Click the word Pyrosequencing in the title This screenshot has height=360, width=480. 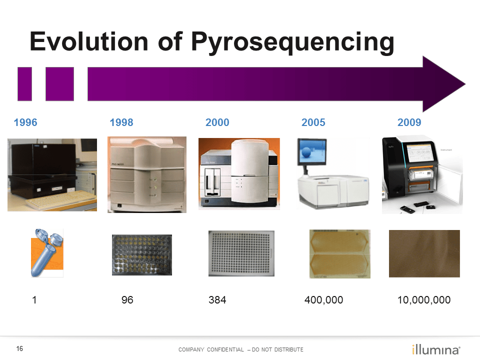coord(292,42)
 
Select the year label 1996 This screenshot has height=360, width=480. coord(25,122)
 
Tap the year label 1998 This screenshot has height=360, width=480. coord(121,122)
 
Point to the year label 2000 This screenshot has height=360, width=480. coord(217,122)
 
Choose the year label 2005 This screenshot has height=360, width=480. coord(313,122)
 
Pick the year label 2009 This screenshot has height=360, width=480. coord(409,122)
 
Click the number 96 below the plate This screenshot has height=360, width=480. coord(127,300)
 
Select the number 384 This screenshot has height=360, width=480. coord(217,300)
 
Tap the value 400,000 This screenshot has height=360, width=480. coord(324,300)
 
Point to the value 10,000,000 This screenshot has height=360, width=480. coord(424,300)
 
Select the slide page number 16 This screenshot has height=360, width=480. coord(20,348)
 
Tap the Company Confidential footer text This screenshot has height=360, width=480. coord(240,349)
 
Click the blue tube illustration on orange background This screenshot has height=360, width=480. coord(47,252)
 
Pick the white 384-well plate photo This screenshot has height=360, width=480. coord(241,253)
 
